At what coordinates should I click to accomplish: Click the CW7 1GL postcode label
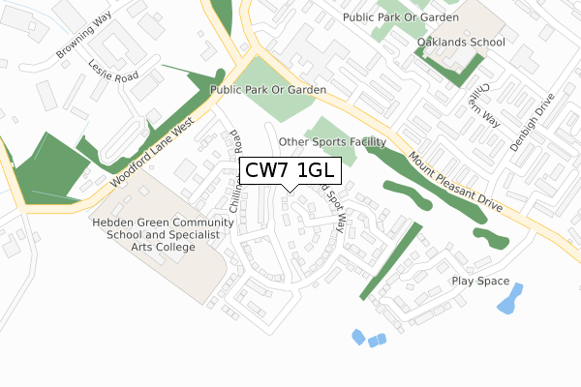tap(290, 172)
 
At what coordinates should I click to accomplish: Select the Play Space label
tap(479, 281)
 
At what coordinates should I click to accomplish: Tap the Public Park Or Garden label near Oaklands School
tap(399, 16)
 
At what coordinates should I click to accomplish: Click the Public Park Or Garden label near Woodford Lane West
tap(266, 89)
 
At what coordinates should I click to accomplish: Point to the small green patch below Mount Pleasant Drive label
tap(489, 236)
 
